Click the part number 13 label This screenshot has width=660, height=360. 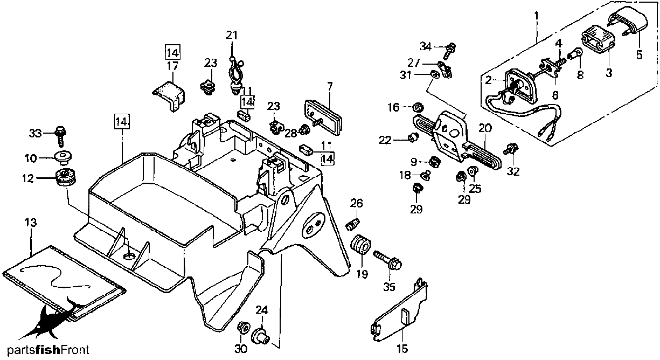31,223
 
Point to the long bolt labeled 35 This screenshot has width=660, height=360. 387,259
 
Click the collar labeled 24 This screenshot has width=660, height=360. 260,336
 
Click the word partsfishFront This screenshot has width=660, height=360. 48,350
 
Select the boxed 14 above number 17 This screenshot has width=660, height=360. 172,53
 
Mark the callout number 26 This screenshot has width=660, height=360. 357,203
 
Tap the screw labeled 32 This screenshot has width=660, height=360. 511,149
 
